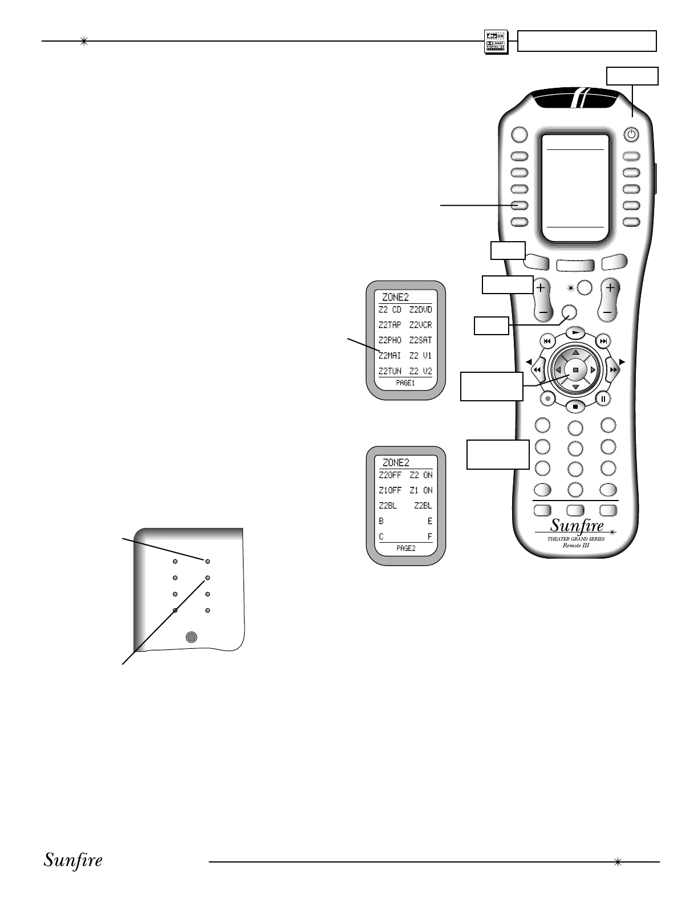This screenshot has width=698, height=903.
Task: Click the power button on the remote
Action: point(631,135)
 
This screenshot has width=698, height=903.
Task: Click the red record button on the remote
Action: point(547,398)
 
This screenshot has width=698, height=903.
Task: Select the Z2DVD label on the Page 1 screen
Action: point(420,310)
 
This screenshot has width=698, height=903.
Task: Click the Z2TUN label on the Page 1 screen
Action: point(390,371)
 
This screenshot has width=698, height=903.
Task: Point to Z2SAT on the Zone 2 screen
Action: point(420,340)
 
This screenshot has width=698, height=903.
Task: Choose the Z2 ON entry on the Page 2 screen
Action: point(421,475)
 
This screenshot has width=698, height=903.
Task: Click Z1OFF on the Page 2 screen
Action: point(390,490)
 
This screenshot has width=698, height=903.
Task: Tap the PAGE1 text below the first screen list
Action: point(405,383)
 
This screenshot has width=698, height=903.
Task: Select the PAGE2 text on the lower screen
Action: point(405,548)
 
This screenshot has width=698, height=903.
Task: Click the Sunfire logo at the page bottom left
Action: point(73,860)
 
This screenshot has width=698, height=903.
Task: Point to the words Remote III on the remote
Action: point(575,545)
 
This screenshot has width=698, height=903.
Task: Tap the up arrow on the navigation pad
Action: point(575,352)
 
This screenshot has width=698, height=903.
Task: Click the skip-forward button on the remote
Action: point(603,341)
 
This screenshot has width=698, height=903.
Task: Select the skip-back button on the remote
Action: point(547,341)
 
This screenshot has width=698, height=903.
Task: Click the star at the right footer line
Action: point(616,862)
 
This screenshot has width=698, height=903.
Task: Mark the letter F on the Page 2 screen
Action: point(430,536)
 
